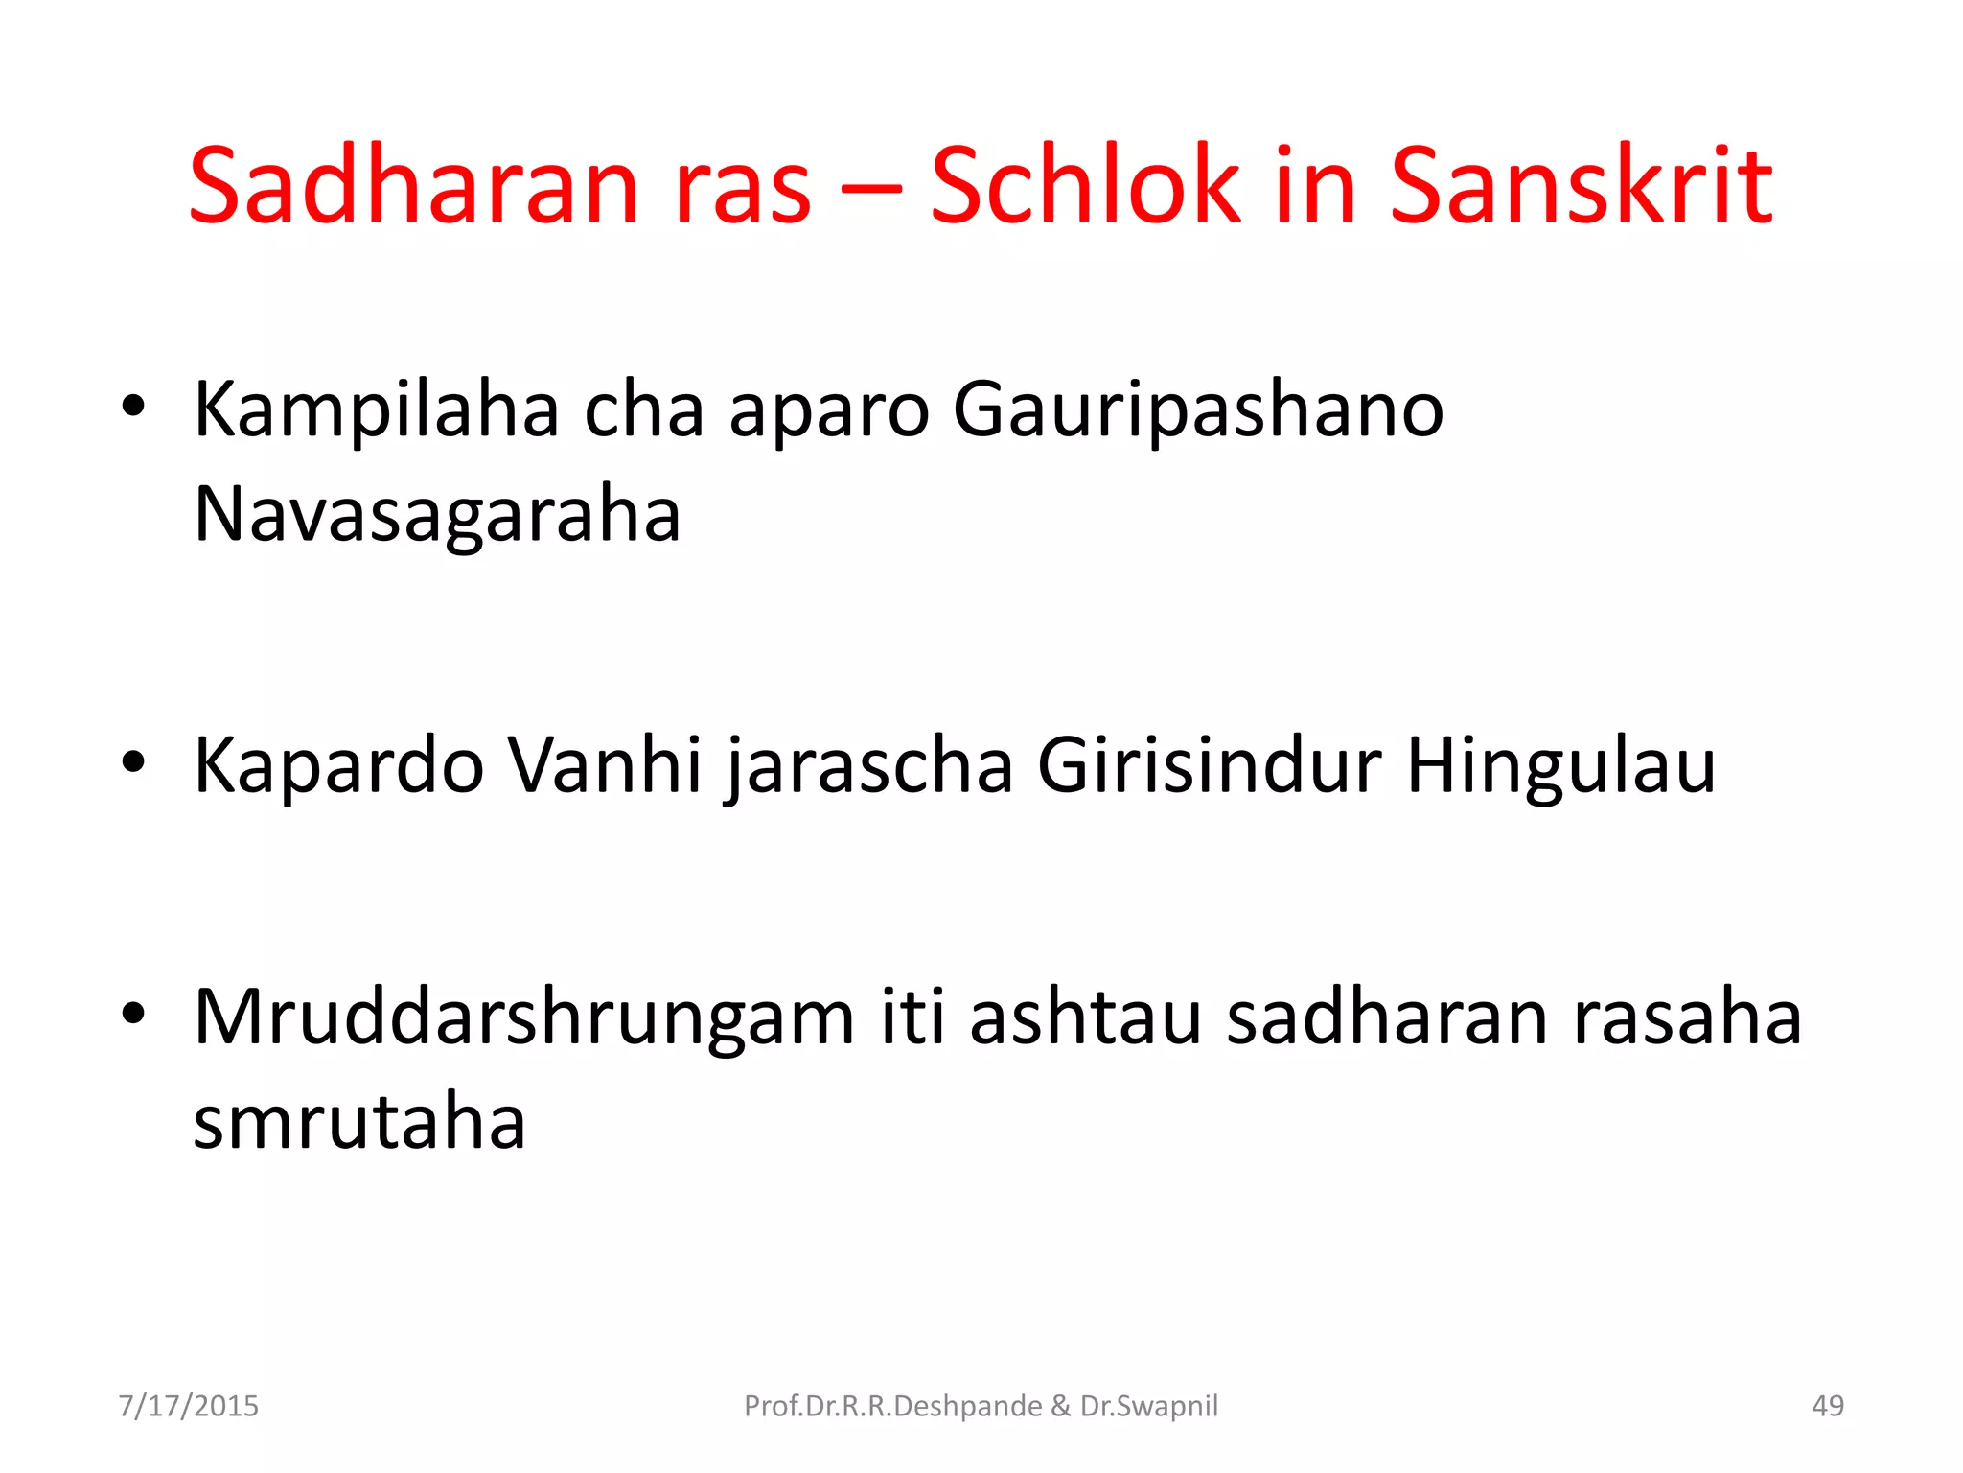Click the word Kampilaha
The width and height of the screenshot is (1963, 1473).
[376, 410]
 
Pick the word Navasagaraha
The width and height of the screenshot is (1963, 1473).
[437, 515]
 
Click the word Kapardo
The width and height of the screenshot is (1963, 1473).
[338, 766]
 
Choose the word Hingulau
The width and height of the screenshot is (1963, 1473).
[1560, 766]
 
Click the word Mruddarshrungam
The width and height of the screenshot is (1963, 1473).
[523, 1018]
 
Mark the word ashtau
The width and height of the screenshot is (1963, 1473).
[1085, 1018]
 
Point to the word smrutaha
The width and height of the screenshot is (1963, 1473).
[359, 1123]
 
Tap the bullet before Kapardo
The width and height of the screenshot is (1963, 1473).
[133, 763]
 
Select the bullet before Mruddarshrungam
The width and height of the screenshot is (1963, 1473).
[133, 1014]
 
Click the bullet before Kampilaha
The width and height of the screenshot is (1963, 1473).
[133, 407]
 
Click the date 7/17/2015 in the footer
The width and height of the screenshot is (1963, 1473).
[189, 1406]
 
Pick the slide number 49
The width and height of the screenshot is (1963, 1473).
[1828, 1406]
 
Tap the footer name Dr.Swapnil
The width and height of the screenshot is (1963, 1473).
[1149, 1406]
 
